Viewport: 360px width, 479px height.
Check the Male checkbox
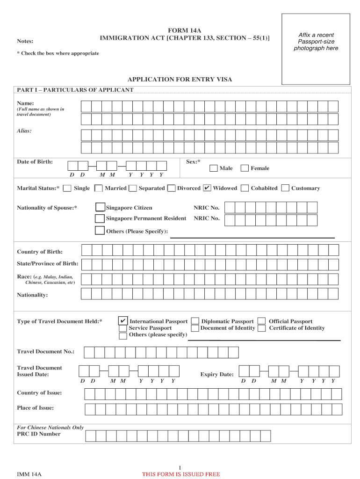tap(213, 168)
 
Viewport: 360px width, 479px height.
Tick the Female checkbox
tap(244, 168)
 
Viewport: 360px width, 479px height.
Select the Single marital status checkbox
tap(67, 189)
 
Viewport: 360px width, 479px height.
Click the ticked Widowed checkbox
tap(207, 188)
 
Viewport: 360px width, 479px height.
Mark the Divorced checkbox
tap(171, 189)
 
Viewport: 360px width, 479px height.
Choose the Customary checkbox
tap(285, 189)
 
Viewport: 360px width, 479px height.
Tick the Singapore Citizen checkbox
tap(100, 207)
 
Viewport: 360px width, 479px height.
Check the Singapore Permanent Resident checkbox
tap(100, 218)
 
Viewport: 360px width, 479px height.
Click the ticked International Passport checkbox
tap(122, 321)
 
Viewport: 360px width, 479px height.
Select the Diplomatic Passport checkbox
tap(195, 321)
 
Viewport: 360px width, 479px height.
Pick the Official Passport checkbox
tap(262, 321)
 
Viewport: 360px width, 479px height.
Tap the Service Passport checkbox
tap(122, 328)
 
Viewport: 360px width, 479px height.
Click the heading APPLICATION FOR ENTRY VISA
tap(180, 80)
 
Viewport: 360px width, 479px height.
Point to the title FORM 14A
tap(185, 30)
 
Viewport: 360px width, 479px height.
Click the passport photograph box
tap(316, 49)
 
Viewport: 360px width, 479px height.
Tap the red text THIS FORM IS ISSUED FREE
tap(181, 474)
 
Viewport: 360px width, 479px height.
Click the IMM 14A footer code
tap(29, 474)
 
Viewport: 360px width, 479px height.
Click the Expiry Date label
tap(217, 375)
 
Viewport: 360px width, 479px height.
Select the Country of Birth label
tap(40, 252)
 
